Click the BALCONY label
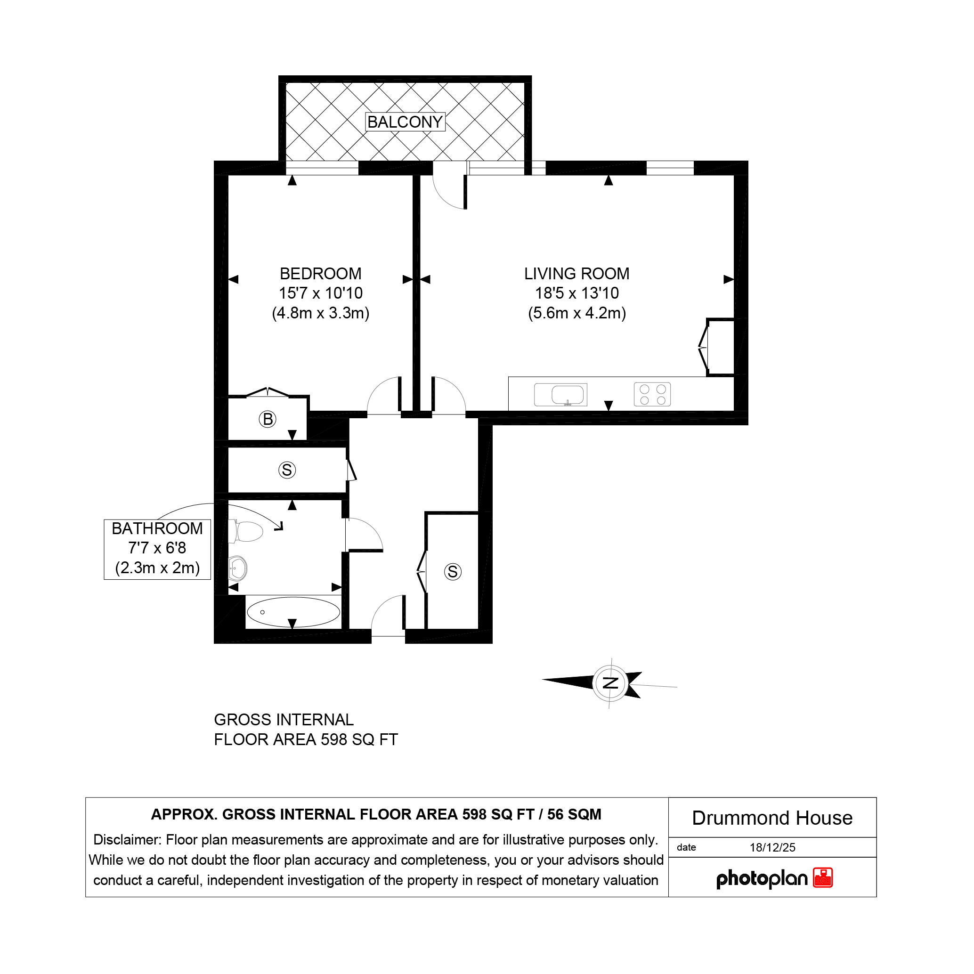coord(405,122)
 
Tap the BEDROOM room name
coord(321,274)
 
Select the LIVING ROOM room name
coord(577,274)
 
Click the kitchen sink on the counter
coord(560,395)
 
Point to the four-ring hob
coord(652,395)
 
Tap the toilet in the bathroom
coord(246,531)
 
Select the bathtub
coord(293,612)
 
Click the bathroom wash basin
coord(237,568)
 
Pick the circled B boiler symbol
coord(268,419)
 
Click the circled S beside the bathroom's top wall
coord(287,470)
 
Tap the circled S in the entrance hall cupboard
coord(453,572)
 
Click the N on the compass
coord(610,683)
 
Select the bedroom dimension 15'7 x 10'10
coord(321,293)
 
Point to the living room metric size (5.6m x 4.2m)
coord(577,313)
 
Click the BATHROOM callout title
coord(157,528)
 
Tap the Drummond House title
coord(772,818)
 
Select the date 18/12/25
coord(772,847)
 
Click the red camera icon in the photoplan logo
coord(823,878)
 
